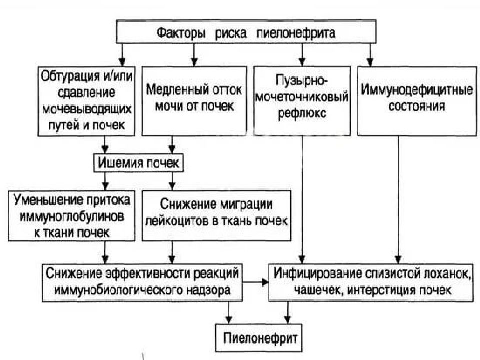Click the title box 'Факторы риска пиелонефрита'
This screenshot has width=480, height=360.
tap(246, 32)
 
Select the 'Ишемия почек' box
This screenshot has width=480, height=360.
tap(138, 163)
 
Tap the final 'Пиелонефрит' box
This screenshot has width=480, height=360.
tap(259, 338)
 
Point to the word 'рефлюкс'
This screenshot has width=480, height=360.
tap(302, 113)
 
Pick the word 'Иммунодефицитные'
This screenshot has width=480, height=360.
tap(417, 90)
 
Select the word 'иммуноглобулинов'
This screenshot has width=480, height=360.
tap(72, 216)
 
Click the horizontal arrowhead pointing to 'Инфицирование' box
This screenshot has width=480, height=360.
tap(265, 282)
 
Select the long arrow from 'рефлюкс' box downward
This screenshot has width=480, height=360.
tap(302, 199)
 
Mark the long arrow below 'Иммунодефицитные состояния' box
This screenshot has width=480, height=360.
tap(398, 199)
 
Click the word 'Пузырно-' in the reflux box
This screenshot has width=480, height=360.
tap(302, 80)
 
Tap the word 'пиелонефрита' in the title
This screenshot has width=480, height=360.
tap(296, 33)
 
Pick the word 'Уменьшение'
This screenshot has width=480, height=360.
tap(48, 200)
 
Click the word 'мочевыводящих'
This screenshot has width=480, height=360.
tap(87, 109)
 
